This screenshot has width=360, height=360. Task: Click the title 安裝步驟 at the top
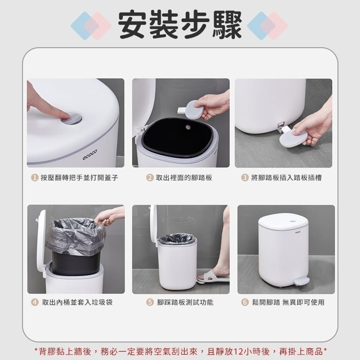point(180,23)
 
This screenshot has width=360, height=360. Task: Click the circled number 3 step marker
point(244,178)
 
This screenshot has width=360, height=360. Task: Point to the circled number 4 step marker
point(34,302)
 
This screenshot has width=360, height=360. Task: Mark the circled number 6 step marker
point(245,302)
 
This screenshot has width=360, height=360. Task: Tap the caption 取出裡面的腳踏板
point(184,178)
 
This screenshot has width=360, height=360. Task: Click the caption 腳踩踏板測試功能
point(185,302)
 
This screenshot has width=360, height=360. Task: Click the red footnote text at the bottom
point(180,351)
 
